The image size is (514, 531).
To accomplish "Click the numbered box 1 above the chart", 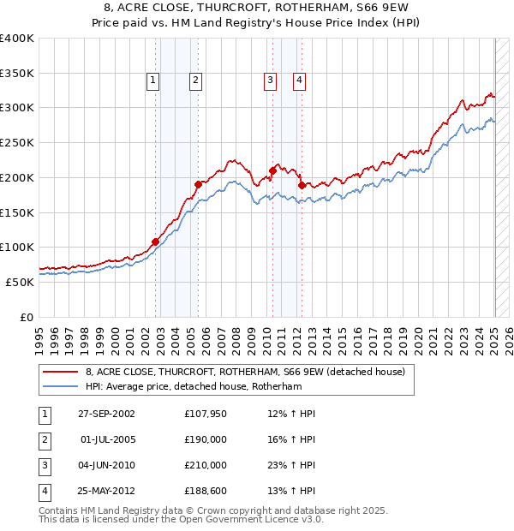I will (152, 81).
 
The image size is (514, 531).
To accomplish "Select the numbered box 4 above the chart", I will (300, 81).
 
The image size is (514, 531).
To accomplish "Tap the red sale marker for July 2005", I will (198, 183).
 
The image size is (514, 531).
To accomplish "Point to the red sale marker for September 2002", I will (156, 242).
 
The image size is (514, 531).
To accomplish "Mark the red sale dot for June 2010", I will (272, 170).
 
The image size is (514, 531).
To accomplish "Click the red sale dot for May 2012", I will (302, 184).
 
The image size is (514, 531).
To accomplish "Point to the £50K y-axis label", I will (20, 282).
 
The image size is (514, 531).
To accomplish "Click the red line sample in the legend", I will (60, 372).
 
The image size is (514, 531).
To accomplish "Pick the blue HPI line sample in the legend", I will (60, 386).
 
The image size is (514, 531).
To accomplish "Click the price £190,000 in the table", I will (206, 439).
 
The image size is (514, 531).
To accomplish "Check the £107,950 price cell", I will (206, 414).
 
